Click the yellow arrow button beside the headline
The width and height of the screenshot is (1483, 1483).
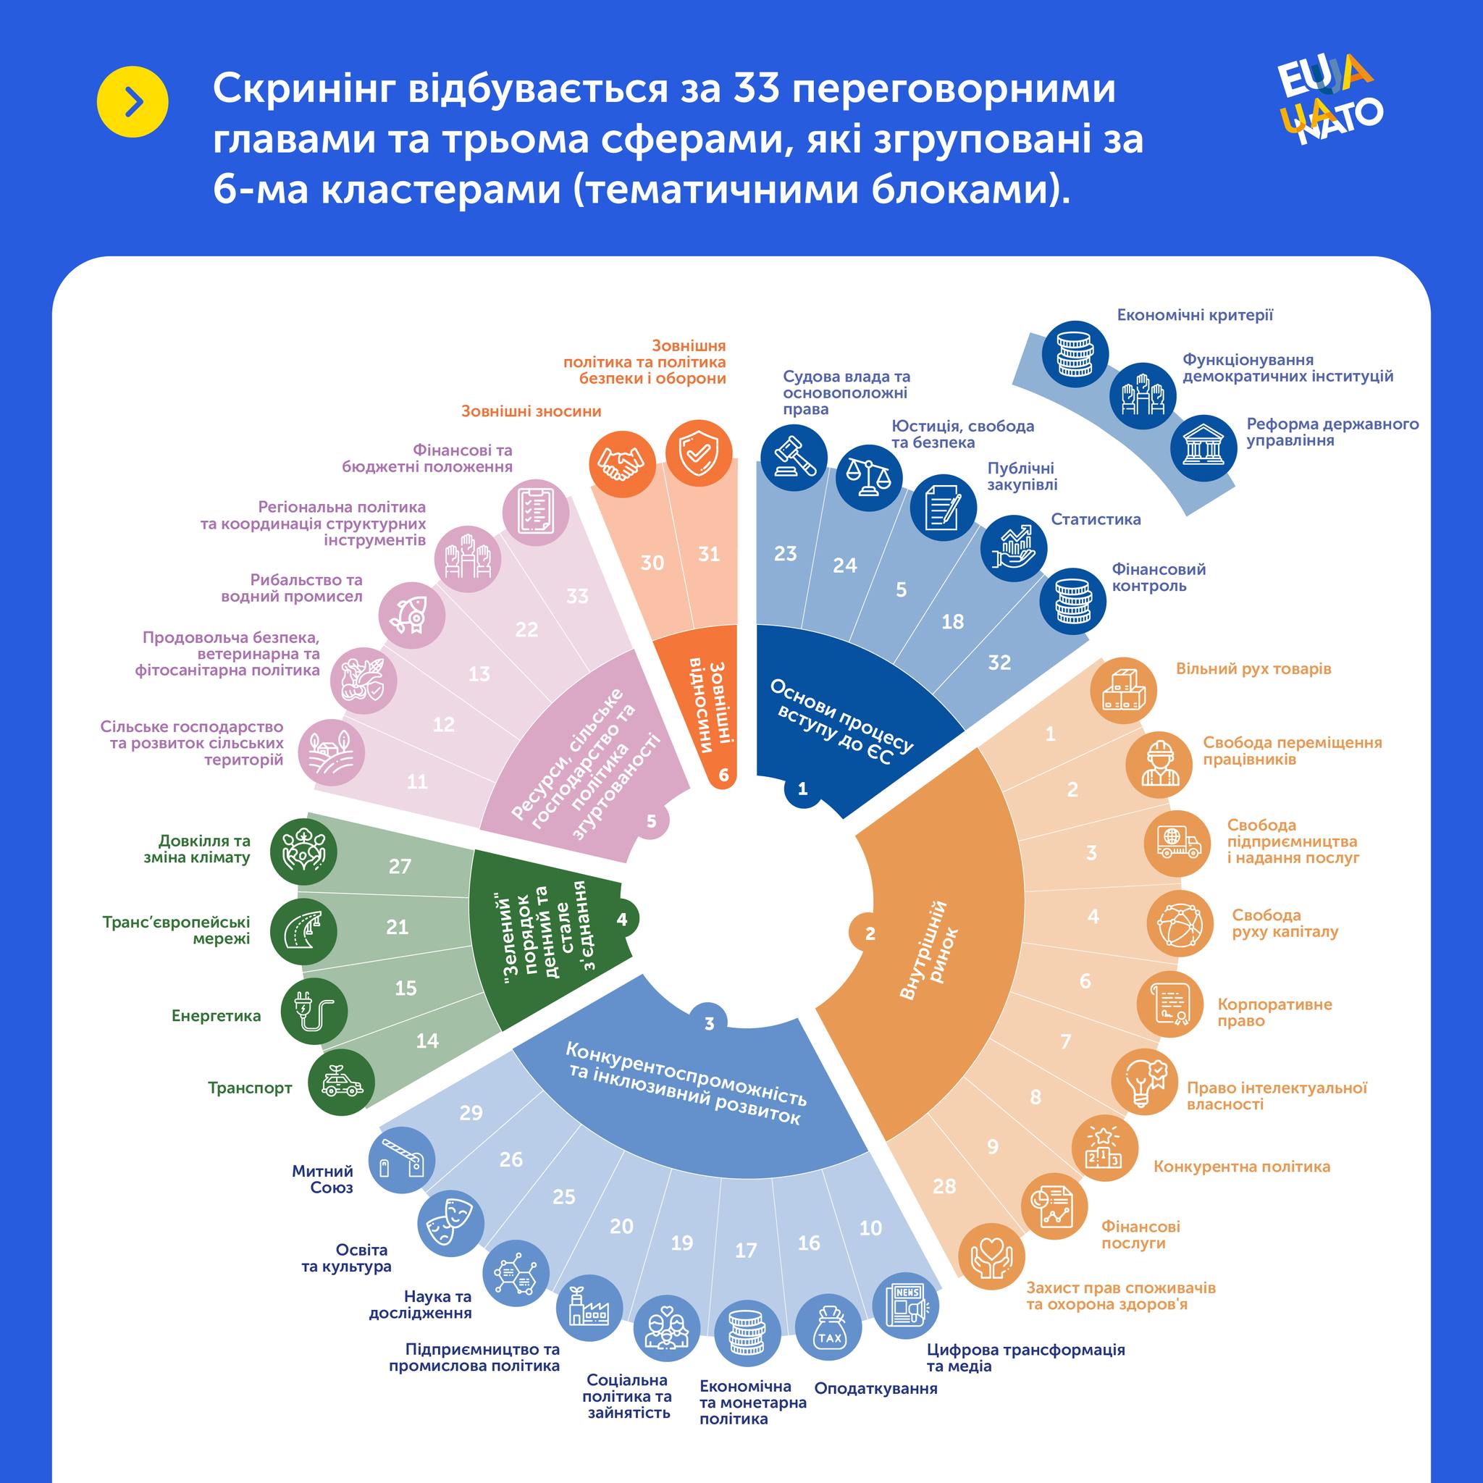pos(132,102)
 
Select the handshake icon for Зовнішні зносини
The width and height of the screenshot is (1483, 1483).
pos(622,463)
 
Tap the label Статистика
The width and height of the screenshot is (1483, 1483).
pos(1096,520)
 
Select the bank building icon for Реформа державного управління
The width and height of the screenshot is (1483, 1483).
pos(1203,448)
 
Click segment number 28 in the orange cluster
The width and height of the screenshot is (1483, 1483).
pos(944,1186)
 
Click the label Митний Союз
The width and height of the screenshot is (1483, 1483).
pos(322,1179)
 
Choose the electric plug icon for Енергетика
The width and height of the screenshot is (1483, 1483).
pos(313,1012)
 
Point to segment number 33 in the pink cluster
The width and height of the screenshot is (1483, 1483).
pos(577,596)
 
